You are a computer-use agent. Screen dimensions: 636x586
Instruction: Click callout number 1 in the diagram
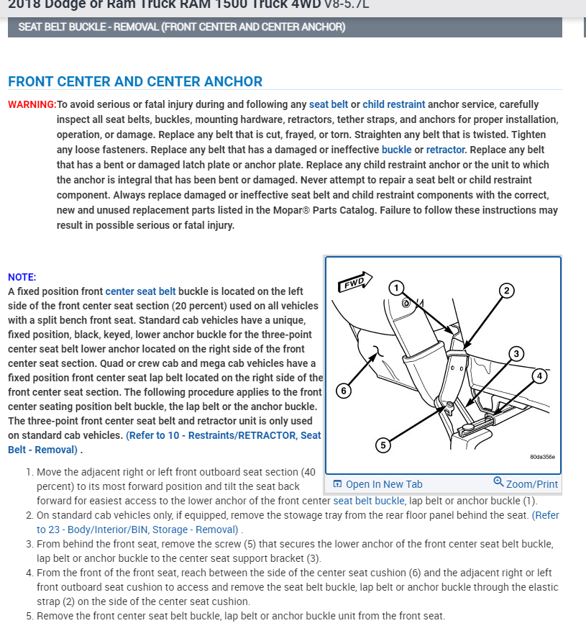coord(395,288)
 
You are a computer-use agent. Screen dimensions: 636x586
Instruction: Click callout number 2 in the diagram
coord(506,291)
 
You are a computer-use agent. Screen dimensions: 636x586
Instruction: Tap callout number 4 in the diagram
coord(539,376)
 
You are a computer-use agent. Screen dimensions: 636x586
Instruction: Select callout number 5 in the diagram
coord(383,445)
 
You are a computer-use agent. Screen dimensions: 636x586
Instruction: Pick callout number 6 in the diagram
coord(344,391)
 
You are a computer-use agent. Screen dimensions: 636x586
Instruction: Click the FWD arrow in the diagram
coord(354,281)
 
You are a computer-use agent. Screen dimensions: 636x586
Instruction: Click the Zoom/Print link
coord(526,484)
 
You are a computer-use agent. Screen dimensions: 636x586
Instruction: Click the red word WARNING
coord(32,104)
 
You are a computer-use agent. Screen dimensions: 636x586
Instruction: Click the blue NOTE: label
coord(22,277)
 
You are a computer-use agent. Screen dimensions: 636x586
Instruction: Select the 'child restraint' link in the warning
coord(393,104)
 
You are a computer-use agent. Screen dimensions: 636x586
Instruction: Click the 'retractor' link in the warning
coord(446,150)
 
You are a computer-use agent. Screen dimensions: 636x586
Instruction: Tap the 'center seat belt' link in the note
coord(140,291)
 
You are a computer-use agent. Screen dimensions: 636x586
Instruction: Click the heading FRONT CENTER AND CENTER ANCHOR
coord(135,81)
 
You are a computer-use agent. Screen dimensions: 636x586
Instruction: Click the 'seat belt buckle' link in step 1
coord(369,501)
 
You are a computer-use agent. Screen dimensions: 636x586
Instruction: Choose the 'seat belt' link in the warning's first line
coord(329,104)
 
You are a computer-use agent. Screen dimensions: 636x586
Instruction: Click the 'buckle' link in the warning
coord(396,150)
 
